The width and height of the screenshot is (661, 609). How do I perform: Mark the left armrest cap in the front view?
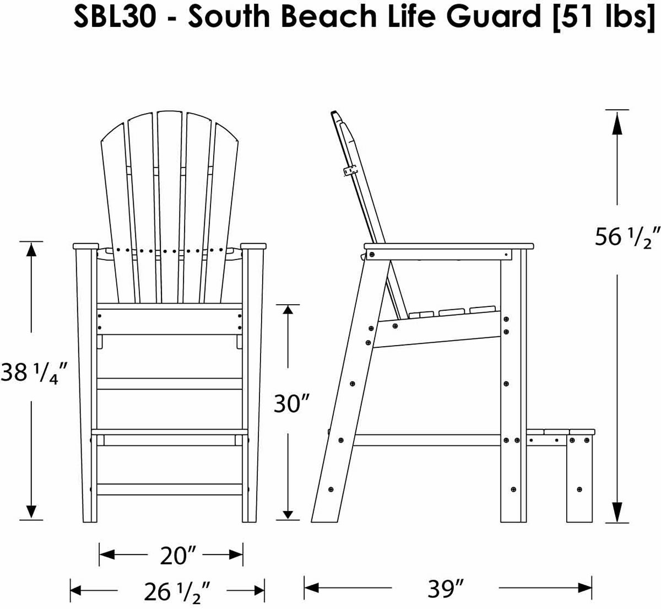(85, 246)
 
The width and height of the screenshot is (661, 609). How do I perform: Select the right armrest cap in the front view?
(254, 246)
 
